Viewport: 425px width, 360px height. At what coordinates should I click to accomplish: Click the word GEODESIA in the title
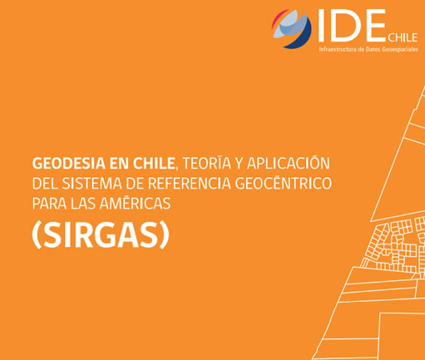65,163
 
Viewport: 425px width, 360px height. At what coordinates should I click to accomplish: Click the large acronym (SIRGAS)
100,236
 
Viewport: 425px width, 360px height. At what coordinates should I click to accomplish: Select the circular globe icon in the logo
291,28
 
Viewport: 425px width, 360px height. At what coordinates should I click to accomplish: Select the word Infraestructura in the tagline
337,50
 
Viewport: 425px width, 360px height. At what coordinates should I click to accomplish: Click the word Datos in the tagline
370,50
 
